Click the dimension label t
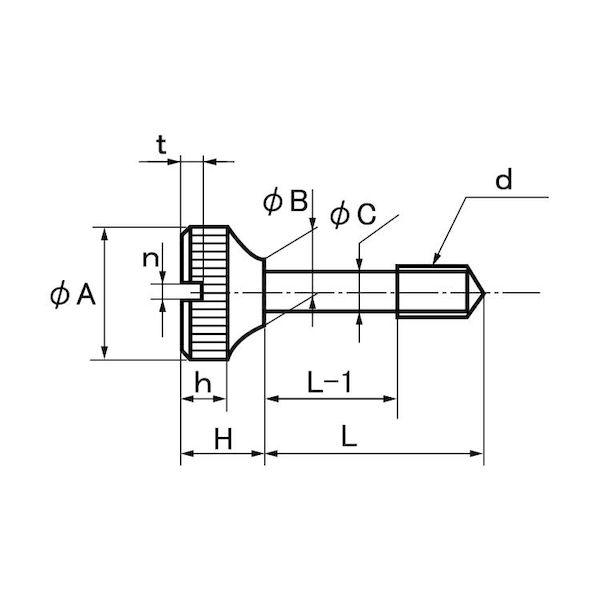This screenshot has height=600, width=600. pos(161,145)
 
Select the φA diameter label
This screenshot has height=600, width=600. pos(73,295)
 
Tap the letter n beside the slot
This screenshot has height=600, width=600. pos(150,259)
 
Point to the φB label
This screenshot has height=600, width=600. pos(285,202)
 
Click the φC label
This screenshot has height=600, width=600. pos(353,215)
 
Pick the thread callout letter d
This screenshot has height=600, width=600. pos(503,180)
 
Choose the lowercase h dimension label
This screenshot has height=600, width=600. pos(203,382)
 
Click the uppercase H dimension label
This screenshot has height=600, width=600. pos(223,439)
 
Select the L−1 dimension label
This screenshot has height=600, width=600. pos(329,383)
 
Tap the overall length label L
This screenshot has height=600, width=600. pos(349,437)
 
